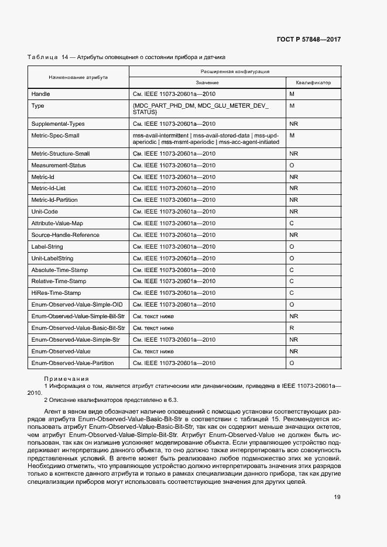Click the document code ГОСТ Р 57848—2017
pyautogui.click(x=309, y=39)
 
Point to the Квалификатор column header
pyautogui.click(x=313, y=82)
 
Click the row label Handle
pyautogui.click(x=40, y=94)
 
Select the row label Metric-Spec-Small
pyautogui.click(x=55, y=136)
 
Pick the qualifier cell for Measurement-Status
pyautogui.click(x=292, y=165)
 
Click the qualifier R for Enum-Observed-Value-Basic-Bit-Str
pyautogui.click(x=292, y=328)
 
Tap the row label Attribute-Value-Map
pyautogui.click(x=57, y=223)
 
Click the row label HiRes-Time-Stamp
pyautogui.click(x=56, y=293)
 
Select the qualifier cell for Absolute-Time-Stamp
pyautogui.click(x=292, y=270)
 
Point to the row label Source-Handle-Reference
pyautogui.click(x=65, y=235)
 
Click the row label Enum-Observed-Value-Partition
pyautogui.click(x=72, y=363)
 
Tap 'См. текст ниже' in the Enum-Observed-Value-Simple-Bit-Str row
pyautogui.click(x=153, y=316)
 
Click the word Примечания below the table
pyautogui.click(x=66, y=379)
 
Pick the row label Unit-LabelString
pyautogui.click(x=52, y=258)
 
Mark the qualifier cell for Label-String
pyautogui.click(x=292, y=246)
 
